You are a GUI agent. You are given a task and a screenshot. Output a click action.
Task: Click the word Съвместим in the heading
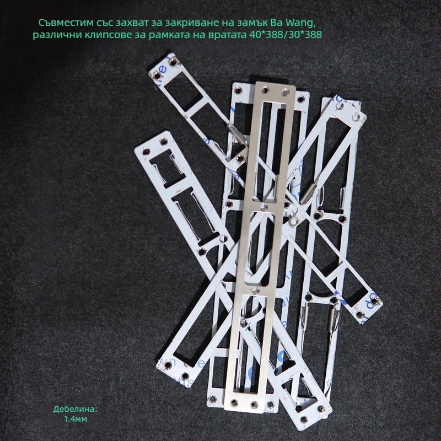coord(64,23)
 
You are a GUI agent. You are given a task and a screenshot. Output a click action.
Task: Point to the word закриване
coord(190,23)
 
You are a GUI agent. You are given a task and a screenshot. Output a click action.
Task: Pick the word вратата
coord(227,35)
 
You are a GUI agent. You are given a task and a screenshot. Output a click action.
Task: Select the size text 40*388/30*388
coord(286,35)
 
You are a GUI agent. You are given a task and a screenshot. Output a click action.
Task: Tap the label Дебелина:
coord(75,409)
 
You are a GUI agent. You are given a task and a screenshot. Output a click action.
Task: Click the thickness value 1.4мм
coord(76,419)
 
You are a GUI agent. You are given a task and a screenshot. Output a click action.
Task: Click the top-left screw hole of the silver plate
coord(265,90)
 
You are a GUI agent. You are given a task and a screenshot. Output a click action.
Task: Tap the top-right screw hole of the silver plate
coord(286,91)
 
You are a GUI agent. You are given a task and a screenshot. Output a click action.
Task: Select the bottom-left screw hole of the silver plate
coord(233,403)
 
